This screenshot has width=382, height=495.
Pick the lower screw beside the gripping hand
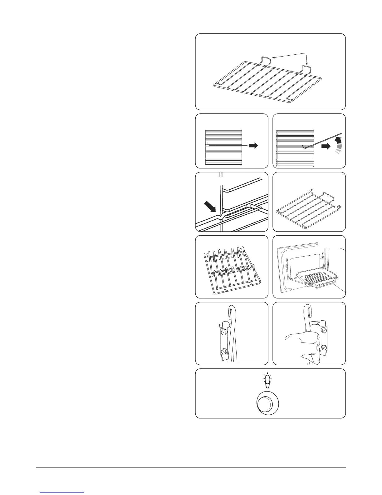[x=324, y=347]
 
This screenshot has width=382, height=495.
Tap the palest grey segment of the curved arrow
[x=337, y=152]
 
